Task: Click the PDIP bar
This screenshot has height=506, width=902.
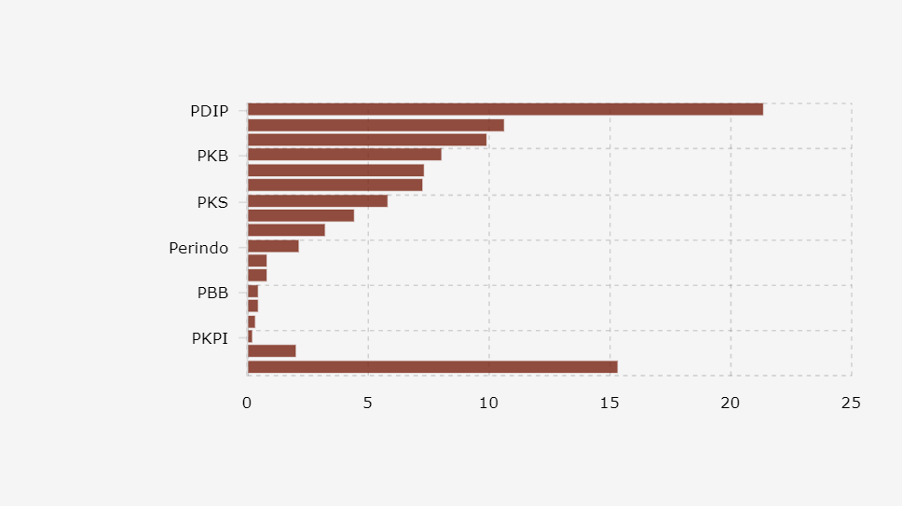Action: pos(505,110)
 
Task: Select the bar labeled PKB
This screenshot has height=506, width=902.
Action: pos(344,155)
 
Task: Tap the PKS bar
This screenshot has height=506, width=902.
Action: pos(317,201)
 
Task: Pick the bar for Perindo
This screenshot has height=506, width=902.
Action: pos(273,246)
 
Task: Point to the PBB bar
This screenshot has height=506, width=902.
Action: pos(253,292)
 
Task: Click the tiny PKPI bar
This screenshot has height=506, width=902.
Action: pos(250,336)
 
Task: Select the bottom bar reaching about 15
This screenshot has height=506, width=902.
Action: pos(432,367)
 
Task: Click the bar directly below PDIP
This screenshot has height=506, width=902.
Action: pos(376,125)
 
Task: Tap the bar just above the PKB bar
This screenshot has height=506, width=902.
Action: pos(367,140)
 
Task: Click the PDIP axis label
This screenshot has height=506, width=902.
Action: pos(210,111)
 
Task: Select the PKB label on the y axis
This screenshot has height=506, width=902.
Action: pos(212,156)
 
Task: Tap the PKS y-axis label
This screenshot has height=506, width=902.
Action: pos(212,202)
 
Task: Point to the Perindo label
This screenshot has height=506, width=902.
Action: pos(199,248)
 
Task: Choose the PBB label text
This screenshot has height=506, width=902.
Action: pos(213,293)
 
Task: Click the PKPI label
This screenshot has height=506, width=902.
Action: pos(210,338)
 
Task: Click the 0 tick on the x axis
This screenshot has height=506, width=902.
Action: pos(247,403)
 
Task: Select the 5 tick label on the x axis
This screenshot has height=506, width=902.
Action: pos(368,403)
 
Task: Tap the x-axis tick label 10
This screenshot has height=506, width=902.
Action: pos(488,403)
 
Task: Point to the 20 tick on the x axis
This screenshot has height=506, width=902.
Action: pos(731,403)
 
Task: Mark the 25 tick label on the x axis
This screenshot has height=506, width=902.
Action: pos(851,403)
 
